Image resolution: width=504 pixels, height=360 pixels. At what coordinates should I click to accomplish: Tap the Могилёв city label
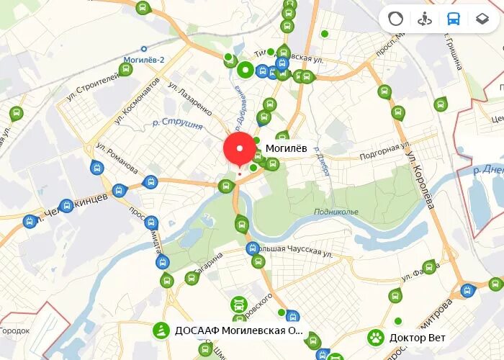[x=286, y=148]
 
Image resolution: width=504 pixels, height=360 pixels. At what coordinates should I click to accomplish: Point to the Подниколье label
[x=336, y=212]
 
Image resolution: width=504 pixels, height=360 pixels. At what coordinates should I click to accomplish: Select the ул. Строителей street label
[x=92, y=84]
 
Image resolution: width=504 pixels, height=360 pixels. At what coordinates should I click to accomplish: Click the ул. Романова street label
[x=117, y=158]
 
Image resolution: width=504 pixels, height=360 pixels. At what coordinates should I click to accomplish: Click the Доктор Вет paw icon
[x=376, y=337]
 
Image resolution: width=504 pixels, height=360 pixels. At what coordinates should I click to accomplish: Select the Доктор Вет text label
[x=418, y=338]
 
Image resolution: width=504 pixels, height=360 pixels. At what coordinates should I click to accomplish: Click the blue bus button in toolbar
[x=453, y=19]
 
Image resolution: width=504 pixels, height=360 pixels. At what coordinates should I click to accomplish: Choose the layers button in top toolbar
[x=482, y=19]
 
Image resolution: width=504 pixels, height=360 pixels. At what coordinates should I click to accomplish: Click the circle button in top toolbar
[x=395, y=19]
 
